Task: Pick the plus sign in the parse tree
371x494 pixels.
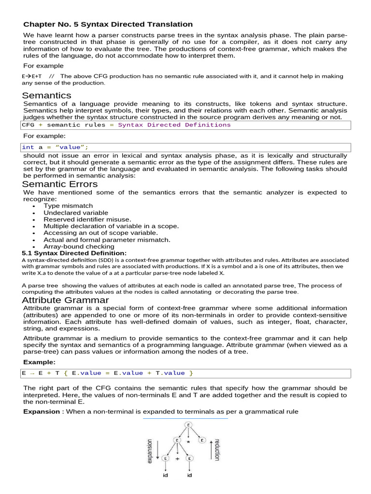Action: pyautogui.click(x=177, y=459)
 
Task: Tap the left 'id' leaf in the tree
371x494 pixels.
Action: pyautogui.click(x=165, y=476)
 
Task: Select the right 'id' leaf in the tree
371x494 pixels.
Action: pyautogui.click(x=189, y=476)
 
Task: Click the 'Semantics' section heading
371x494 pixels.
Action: pyautogui.click(x=46, y=95)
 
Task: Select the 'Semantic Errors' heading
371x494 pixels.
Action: pyautogui.click(x=60, y=184)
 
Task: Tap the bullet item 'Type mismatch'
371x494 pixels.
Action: pyautogui.click(x=68, y=206)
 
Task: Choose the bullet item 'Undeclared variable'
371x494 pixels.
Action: pyautogui.click(x=76, y=213)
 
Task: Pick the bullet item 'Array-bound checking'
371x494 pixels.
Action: pyautogui.click(x=79, y=247)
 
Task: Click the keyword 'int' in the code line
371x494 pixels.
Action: pyautogui.click(x=28, y=147)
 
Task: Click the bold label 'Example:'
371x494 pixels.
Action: pyautogui.click(x=39, y=362)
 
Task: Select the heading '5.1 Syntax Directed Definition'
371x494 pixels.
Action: pyautogui.click(x=74, y=253)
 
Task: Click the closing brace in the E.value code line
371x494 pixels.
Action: pyautogui.click(x=191, y=373)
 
